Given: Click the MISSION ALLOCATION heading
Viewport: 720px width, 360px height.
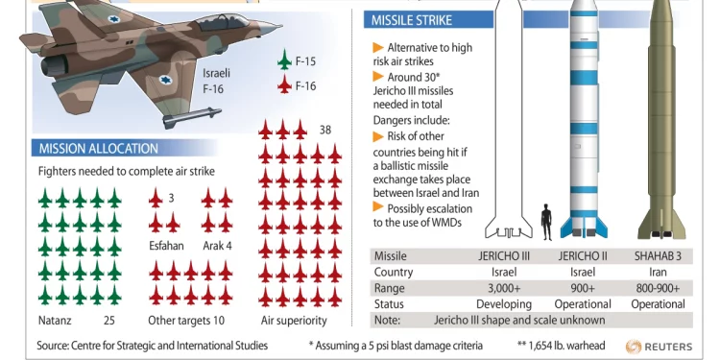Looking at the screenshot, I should pyautogui.click(x=97, y=149).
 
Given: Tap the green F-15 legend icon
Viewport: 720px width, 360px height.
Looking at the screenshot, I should pyautogui.click(x=284, y=60).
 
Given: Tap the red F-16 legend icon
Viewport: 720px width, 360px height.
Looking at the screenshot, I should pyautogui.click(x=284, y=85).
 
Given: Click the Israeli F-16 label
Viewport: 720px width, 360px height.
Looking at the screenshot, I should pyautogui.click(x=216, y=80).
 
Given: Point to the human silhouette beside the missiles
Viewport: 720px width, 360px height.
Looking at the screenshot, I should pyautogui.click(x=546, y=221).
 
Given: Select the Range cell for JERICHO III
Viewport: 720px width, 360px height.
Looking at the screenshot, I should pyautogui.click(x=504, y=288).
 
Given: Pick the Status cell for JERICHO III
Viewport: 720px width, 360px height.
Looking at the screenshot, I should pyautogui.click(x=504, y=304).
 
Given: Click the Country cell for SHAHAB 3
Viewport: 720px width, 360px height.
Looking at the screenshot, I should pyautogui.click(x=658, y=272).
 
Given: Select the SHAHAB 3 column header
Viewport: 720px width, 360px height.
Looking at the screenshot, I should pyautogui.click(x=658, y=256).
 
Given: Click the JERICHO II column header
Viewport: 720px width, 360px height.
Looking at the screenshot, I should pyautogui.click(x=583, y=256).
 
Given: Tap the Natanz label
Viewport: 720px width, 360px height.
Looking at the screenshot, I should pyautogui.click(x=55, y=321).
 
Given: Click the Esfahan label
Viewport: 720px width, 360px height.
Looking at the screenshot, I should pyautogui.click(x=166, y=246).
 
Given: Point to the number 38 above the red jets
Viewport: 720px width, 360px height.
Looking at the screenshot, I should pyautogui.click(x=325, y=130).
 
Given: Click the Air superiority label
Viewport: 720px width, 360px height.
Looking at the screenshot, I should pyautogui.click(x=294, y=321).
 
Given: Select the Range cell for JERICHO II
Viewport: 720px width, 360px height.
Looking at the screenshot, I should pyautogui.click(x=583, y=288).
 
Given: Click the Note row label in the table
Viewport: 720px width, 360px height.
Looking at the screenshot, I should pyautogui.click(x=387, y=320).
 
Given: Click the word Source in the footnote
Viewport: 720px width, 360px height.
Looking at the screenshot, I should pyautogui.click(x=54, y=346).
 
